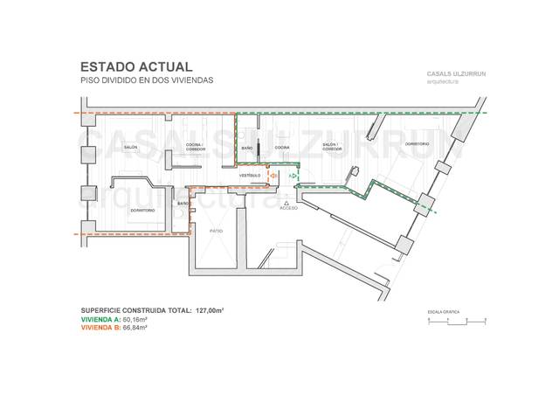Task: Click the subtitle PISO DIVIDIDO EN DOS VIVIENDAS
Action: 146,80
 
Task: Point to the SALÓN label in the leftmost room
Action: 129,148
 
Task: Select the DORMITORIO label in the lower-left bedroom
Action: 142,211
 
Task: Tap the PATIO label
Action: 215,230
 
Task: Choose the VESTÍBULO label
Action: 250,176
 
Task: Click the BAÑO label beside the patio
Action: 183,204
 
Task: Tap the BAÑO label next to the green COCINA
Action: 247,148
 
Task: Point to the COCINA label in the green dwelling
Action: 282,148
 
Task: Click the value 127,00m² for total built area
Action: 203,310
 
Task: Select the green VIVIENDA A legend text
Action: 114,320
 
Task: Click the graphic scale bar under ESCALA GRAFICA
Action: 453,322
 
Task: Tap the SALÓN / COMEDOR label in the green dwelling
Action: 332,147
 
